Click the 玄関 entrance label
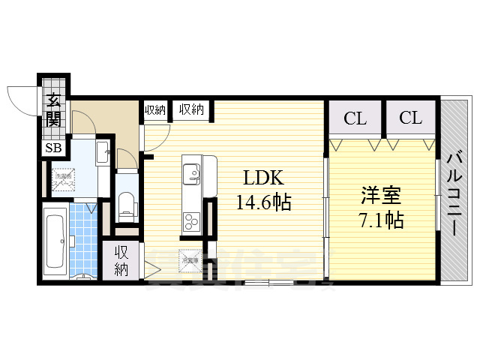click(53, 109)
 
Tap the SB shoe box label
click(52, 148)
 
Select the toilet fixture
click(127, 204)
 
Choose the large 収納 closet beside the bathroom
click(121, 261)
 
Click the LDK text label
click(262, 178)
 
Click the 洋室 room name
click(380, 197)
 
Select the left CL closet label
click(355, 118)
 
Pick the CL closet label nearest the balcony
click(410, 118)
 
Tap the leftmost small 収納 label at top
click(155, 109)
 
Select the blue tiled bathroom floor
click(84, 240)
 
